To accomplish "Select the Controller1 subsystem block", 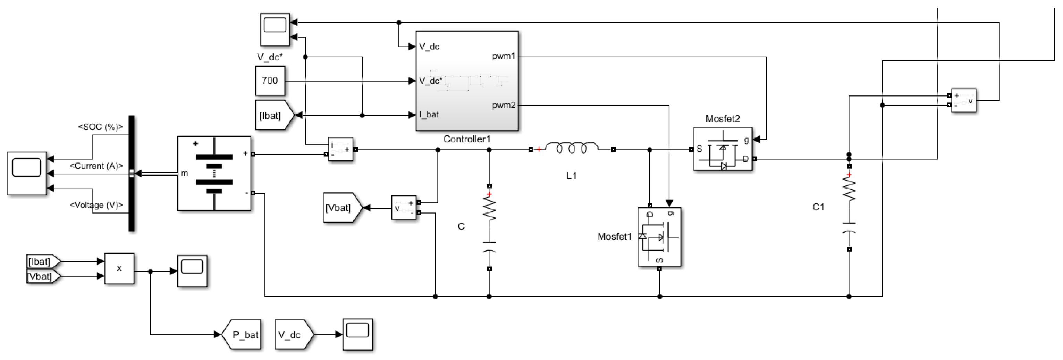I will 467,81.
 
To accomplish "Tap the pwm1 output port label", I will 504,57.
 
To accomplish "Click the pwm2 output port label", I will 504,105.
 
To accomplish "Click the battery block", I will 214,173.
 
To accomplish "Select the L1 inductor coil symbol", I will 572,149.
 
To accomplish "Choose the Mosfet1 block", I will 659,236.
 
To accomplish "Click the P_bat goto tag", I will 242,335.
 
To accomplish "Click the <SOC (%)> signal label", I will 101,127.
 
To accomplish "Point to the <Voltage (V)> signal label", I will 96,205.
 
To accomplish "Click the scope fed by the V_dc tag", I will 357,334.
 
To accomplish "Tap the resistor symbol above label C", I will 489,209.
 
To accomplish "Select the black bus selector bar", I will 132,173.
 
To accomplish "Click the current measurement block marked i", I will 340,149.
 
